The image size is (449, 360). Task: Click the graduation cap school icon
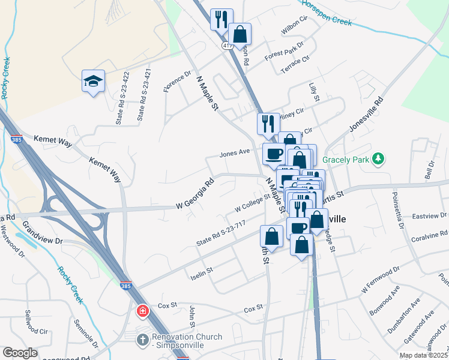click(x=94, y=80)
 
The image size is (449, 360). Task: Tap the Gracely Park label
click(x=346, y=160)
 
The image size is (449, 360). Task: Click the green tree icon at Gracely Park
click(x=378, y=159)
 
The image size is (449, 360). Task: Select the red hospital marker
click(x=143, y=311)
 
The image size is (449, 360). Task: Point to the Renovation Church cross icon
click(x=143, y=340)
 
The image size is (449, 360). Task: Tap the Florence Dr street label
click(x=178, y=82)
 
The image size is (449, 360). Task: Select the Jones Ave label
click(x=234, y=153)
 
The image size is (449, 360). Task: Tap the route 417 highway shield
click(x=226, y=46)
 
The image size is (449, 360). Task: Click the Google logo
click(x=20, y=353)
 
